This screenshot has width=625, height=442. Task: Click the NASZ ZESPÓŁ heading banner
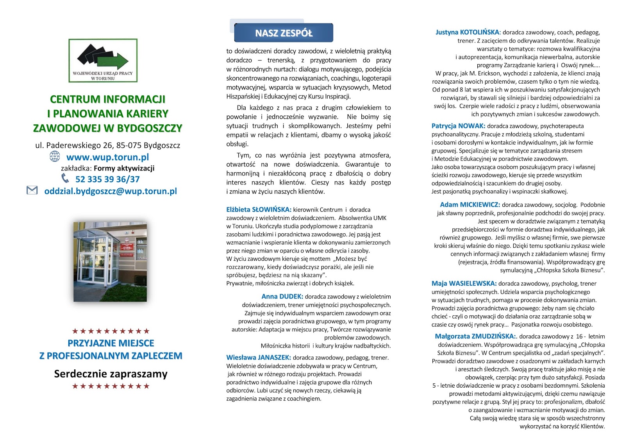click(x=284, y=33)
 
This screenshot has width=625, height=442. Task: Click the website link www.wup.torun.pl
click(x=107, y=157)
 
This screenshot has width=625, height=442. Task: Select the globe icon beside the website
click(x=55, y=156)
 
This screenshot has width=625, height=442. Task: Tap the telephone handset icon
click(x=65, y=178)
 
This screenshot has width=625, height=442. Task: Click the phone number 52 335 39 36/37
click(x=107, y=179)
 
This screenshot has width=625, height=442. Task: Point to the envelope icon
click(x=32, y=190)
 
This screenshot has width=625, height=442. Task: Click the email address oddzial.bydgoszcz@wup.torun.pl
click(x=111, y=191)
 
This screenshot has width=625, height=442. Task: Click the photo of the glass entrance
click(x=110, y=261)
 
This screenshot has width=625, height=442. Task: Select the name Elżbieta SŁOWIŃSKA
click(x=259, y=209)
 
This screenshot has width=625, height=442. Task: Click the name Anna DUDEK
click(x=282, y=297)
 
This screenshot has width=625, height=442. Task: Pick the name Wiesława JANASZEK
click(x=258, y=358)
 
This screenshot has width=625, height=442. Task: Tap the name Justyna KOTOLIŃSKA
click(x=467, y=32)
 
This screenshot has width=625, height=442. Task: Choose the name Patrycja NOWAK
click(x=458, y=126)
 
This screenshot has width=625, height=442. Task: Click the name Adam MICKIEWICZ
click(x=470, y=205)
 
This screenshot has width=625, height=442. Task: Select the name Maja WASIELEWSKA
click(x=464, y=284)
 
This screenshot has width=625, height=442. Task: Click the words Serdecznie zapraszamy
click(x=111, y=374)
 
